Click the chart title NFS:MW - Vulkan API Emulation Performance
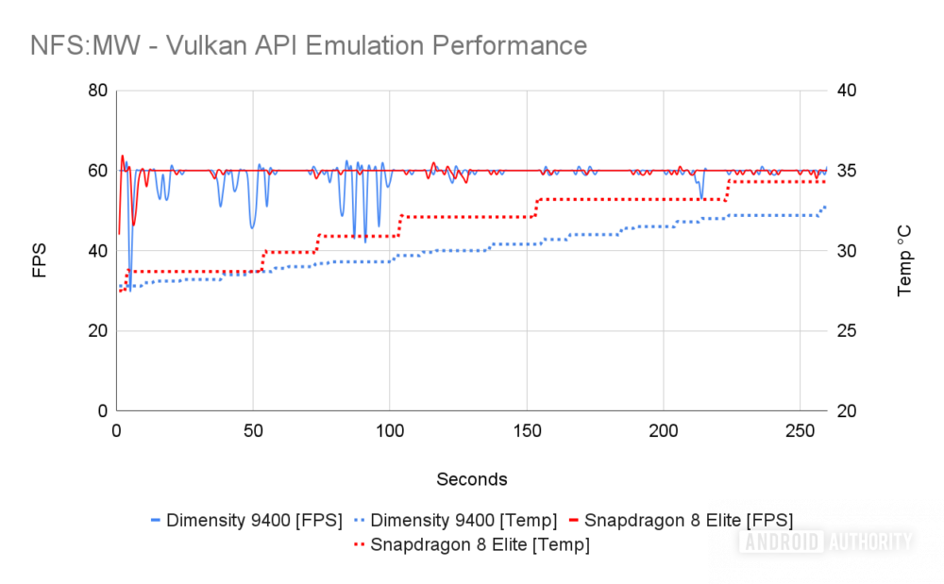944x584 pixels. point(309,45)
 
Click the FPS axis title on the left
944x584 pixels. point(39,260)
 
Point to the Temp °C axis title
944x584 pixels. point(904,261)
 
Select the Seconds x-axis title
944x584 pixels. point(472,479)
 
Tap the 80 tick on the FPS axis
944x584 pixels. point(97,91)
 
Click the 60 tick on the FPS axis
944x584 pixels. point(97,171)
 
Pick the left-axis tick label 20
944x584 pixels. point(97,331)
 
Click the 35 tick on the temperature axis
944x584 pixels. point(847,171)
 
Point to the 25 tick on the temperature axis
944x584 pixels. point(847,331)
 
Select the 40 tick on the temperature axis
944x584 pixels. point(847,91)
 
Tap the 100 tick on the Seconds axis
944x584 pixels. point(390,431)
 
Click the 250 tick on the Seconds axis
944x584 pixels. point(801,431)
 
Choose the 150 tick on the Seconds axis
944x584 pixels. point(528,431)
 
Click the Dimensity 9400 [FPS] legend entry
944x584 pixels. point(246,520)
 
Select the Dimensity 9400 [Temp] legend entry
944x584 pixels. point(456,520)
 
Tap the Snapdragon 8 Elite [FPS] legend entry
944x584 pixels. point(681,520)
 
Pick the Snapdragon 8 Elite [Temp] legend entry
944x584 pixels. point(472,545)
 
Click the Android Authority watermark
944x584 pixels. point(827,542)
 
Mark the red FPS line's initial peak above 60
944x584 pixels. point(122,157)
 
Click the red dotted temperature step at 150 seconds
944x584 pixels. point(535,209)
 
